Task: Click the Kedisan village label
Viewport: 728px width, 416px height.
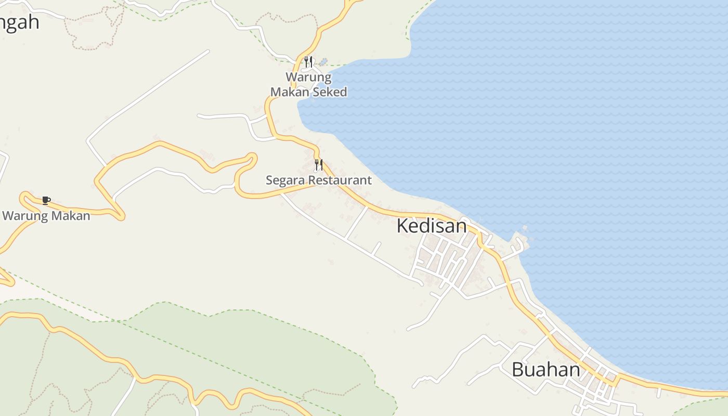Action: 432,226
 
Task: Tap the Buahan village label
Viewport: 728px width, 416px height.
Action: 545,370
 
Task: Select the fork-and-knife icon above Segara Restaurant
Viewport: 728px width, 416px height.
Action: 319,165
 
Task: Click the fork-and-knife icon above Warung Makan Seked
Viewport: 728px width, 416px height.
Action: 308,62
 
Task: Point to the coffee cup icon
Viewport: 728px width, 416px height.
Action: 46,200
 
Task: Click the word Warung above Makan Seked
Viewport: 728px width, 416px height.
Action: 308,77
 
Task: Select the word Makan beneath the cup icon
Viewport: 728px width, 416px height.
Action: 68,215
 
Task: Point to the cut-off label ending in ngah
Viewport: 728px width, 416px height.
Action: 19,22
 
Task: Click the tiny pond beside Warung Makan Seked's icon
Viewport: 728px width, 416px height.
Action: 324,61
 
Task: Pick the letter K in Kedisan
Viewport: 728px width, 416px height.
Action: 402,226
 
